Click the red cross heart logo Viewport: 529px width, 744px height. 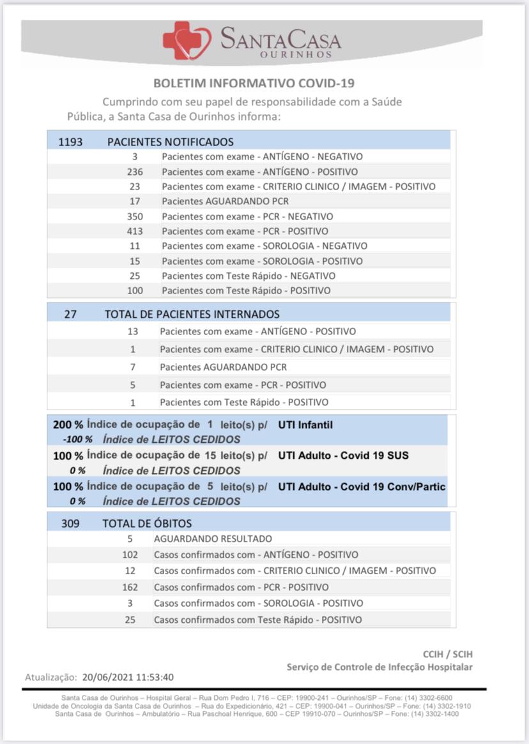tap(187, 41)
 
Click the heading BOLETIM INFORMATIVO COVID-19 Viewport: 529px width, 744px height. tap(254, 84)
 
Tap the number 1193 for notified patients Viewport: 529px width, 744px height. tap(70, 142)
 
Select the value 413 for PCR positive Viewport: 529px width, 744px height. tap(135, 231)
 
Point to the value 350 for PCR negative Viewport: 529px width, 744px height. tap(135, 216)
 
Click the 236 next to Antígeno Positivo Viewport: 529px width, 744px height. tap(135, 172)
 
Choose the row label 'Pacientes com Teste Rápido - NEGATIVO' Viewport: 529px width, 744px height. tap(249, 276)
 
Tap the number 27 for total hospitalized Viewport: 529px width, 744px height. tap(71, 314)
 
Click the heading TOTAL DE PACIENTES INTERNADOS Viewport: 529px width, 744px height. tap(192, 314)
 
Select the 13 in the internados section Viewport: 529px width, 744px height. tap(133, 331)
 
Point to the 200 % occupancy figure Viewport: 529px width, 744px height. tap(68, 425)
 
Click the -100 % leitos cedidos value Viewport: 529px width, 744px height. tap(77, 440)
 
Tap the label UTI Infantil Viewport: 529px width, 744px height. tap(305, 425)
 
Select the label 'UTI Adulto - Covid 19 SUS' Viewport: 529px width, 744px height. tap(343, 456)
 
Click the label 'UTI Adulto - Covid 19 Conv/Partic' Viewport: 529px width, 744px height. tap(362, 486)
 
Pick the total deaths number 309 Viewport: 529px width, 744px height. tap(70, 523)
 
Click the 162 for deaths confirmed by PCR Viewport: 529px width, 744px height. tap(130, 587)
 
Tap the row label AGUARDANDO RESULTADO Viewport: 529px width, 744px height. tap(213, 539)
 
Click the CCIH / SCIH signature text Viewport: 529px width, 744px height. tap(448, 654)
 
